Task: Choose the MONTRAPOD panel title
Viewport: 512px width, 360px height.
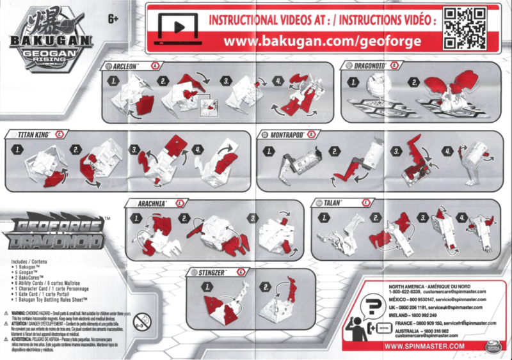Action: click(285, 135)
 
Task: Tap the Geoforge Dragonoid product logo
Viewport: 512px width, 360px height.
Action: click(51, 234)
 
